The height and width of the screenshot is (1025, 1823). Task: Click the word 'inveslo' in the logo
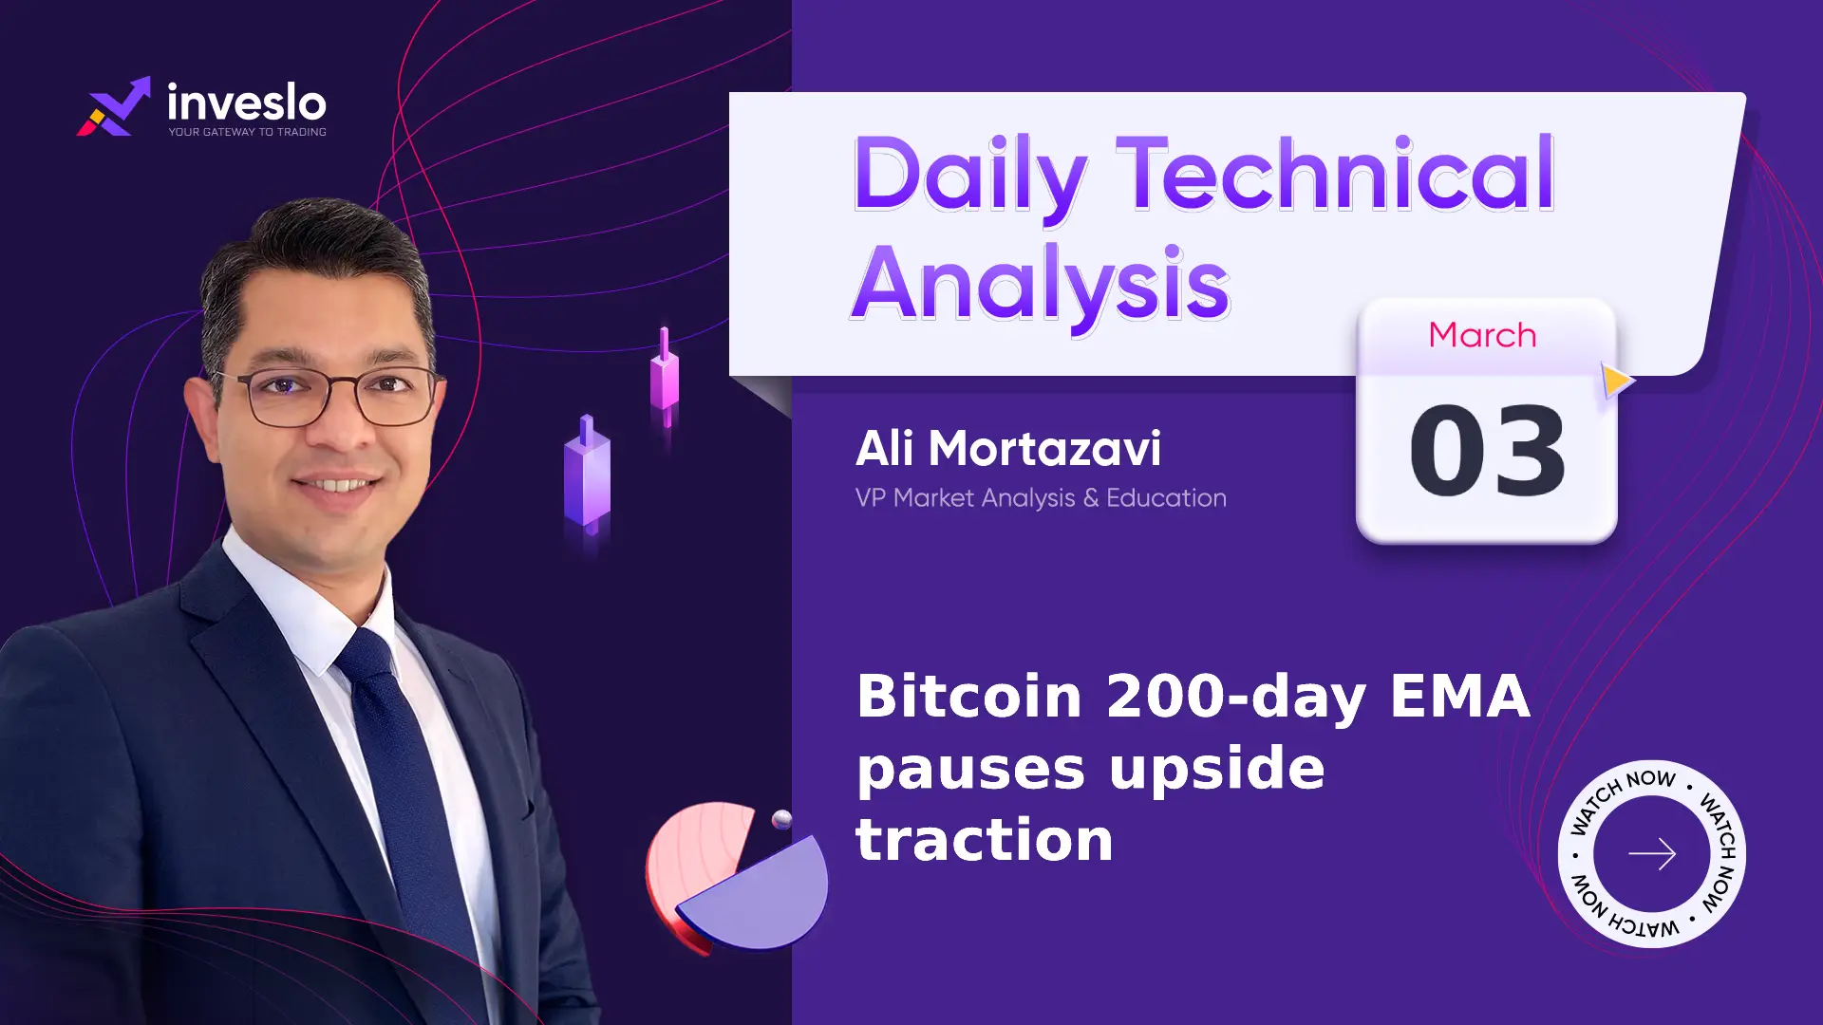247,102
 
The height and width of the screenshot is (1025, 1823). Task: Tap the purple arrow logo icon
114,106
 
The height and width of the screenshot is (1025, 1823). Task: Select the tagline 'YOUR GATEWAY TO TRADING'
248,132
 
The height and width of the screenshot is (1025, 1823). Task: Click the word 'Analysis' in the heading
1041,284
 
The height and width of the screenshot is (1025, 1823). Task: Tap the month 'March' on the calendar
1482,335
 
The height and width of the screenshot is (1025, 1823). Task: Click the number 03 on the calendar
1488,450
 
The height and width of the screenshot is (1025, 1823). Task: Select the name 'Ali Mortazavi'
1008,448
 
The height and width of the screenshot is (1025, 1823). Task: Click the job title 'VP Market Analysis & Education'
1041,498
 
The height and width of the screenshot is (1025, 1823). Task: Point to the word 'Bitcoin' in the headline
969,696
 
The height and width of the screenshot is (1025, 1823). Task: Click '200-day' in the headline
1236,698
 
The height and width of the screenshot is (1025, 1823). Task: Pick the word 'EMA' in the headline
1460,696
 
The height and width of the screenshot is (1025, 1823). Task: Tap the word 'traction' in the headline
985,840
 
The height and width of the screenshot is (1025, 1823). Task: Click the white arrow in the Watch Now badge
1652,854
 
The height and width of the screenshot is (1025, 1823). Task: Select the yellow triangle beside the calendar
1617,380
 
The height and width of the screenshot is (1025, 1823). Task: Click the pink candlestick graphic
665,377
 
